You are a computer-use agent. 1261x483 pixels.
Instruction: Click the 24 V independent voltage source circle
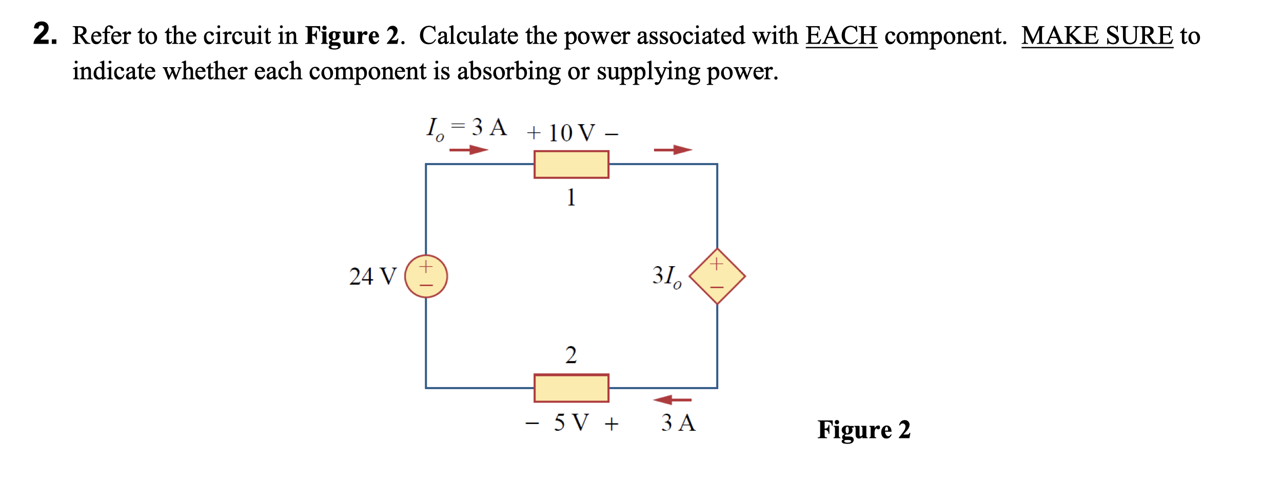point(426,276)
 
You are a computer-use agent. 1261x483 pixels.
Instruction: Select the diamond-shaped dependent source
point(717,276)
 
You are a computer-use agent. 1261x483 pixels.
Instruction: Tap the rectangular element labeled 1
point(571,165)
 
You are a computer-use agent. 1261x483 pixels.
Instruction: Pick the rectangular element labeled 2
point(571,388)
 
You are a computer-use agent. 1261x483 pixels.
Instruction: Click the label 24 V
point(373,276)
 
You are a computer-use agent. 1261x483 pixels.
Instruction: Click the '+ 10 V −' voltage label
point(572,133)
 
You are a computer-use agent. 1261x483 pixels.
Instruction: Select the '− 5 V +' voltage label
point(572,423)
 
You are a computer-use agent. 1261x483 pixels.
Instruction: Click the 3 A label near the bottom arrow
point(678,423)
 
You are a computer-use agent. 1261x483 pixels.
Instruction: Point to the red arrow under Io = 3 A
point(468,150)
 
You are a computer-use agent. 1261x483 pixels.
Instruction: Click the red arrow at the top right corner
point(673,150)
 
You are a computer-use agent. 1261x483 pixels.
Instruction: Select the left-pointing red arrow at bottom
point(672,399)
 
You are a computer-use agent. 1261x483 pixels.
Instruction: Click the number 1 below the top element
point(571,197)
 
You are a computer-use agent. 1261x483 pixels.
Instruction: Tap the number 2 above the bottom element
point(571,355)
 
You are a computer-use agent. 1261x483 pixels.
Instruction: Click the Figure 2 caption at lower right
point(863,430)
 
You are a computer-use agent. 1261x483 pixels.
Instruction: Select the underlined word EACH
point(841,36)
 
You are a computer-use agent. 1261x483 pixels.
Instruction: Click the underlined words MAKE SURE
point(1097,36)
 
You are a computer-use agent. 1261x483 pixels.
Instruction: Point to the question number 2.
point(45,34)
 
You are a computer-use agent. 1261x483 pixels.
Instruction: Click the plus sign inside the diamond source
point(717,264)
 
